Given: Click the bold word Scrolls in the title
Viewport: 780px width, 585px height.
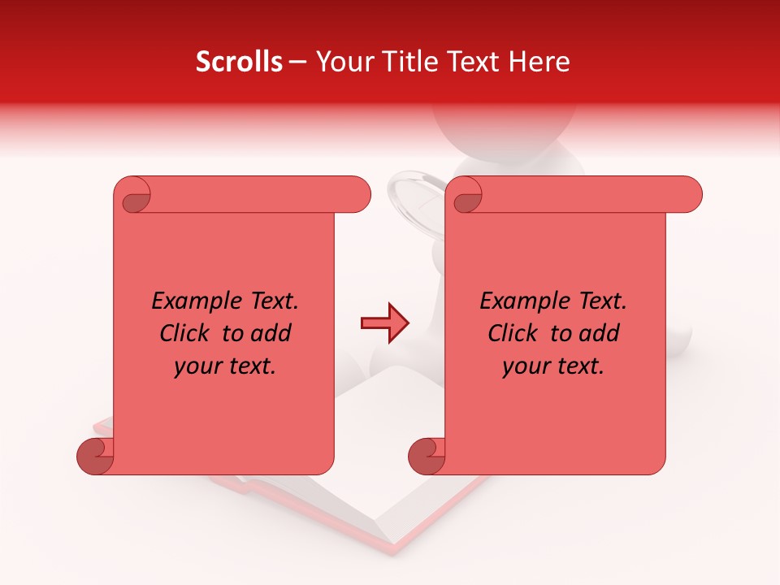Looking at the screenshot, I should pos(239,62).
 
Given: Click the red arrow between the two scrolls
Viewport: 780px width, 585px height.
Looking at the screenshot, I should pos(384,323).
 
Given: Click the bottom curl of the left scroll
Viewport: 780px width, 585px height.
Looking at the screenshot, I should pos(95,456).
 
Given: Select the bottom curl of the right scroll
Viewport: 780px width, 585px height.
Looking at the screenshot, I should pos(427,456).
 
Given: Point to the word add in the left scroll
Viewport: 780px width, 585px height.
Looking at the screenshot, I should pos(272,333).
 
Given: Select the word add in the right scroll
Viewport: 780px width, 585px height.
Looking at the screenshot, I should pos(600,333).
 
